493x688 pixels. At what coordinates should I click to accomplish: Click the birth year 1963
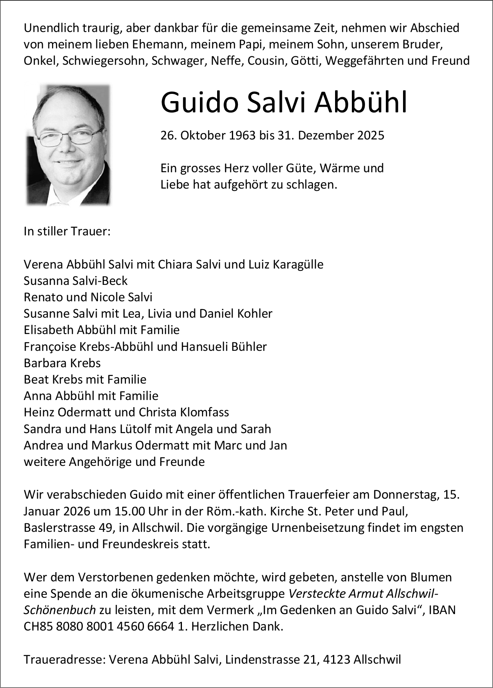(x=242, y=135)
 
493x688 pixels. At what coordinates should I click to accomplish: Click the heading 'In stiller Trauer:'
(x=67, y=231)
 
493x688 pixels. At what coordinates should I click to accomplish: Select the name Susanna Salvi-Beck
(x=76, y=280)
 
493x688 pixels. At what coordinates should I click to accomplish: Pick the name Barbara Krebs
(x=62, y=363)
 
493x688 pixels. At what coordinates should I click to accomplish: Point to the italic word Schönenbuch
(x=60, y=610)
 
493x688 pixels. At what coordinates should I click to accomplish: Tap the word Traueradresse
(x=64, y=660)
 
